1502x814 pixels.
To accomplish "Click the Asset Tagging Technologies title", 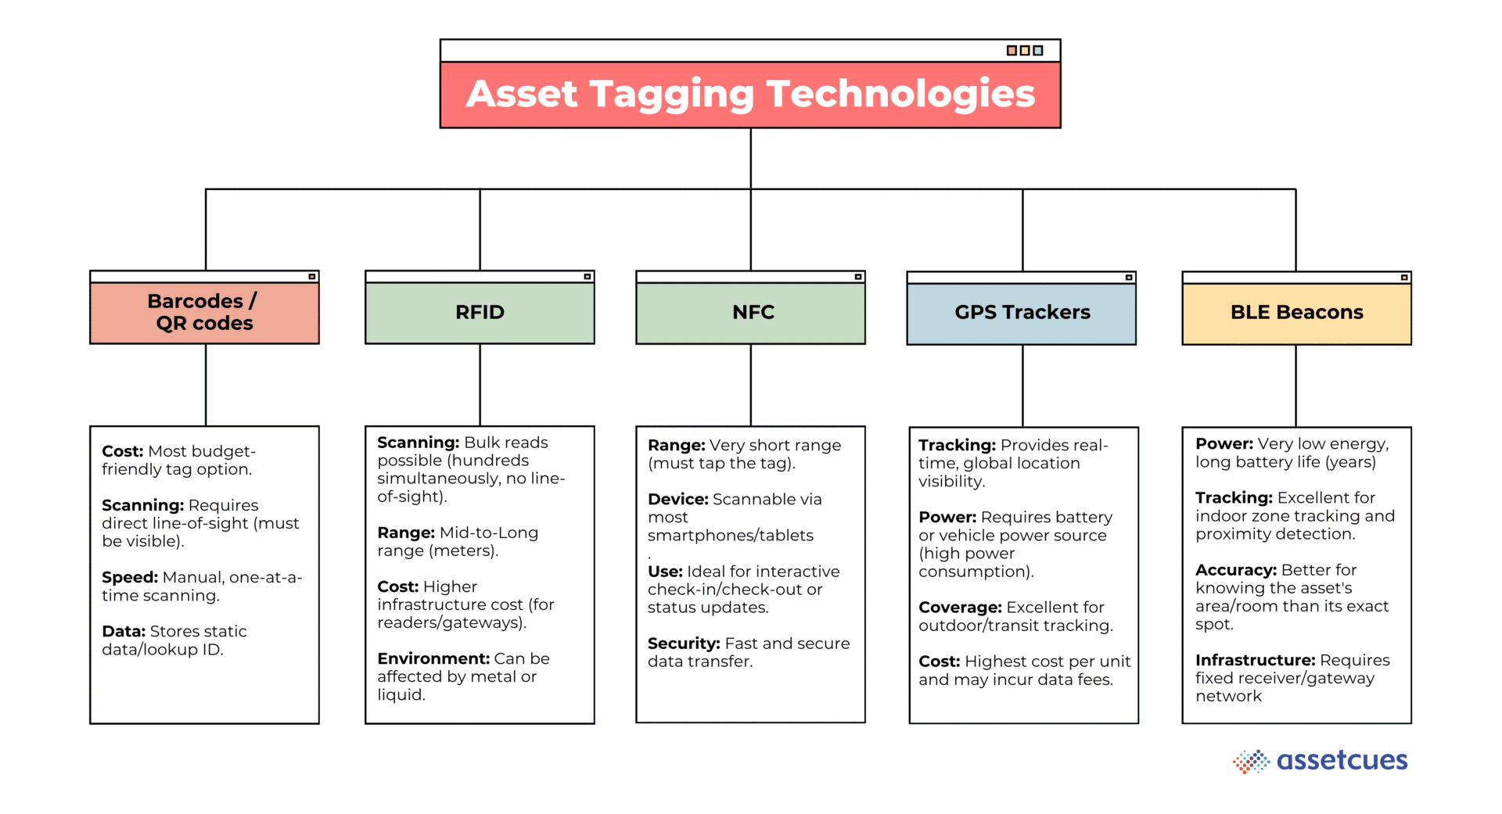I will tap(750, 94).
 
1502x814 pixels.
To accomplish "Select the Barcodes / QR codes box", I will tap(204, 312).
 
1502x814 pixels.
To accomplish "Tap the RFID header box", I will tap(480, 312).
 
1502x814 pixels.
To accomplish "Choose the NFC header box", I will tap(750, 312).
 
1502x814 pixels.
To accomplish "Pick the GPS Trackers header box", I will tap(1021, 312).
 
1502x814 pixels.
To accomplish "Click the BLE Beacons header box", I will tap(1296, 312).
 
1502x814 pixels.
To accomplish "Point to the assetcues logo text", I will tap(1342, 760).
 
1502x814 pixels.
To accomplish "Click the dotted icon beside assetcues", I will tap(1251, 761).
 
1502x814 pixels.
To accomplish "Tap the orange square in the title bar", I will tap(1012, 50).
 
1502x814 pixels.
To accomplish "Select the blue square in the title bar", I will tap(1038, 50).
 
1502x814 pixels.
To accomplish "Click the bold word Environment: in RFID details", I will tap(433, 658).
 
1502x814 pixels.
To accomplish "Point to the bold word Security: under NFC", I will tap(683, 643).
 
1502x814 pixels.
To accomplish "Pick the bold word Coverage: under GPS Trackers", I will tap(959, 607).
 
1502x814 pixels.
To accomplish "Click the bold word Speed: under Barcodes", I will tap(130, 577).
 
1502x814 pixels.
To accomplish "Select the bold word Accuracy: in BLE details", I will tap(1235, 570).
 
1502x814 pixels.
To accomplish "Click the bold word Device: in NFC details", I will tap(677, 499).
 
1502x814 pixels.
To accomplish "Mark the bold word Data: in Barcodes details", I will tap(124, 631).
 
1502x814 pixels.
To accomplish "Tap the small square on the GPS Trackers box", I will tap(1129, 277).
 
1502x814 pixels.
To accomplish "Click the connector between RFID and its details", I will tap(480, 385).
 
